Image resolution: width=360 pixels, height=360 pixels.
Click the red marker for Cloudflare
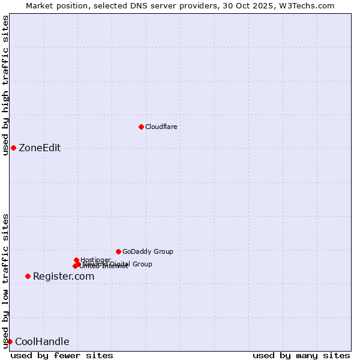tap(141, 127)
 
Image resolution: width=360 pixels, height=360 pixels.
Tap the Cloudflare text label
tap(161, 127)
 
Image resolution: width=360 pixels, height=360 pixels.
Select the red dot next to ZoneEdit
tap(13, 148)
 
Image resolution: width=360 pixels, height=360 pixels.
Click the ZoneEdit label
tap(40, 148)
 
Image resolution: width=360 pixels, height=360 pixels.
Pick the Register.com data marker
tap(28, 276)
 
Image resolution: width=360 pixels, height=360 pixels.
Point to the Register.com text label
tap(64, 277)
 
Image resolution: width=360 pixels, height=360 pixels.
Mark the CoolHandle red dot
tap(10, 341)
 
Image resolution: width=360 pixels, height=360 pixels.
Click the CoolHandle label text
tap(42, 342)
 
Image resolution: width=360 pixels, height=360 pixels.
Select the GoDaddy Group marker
tap(118, 251)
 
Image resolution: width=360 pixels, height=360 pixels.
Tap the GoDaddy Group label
tap(148, 251)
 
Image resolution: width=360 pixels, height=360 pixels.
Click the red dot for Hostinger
tap(76, 260)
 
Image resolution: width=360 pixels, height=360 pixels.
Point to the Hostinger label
tap(95, 260)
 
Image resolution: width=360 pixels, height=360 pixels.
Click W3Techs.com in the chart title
tap(305, 5)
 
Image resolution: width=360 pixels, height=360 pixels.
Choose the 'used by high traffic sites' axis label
tap(5, 86)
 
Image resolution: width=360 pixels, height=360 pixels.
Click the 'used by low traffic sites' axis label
tap(5, 281)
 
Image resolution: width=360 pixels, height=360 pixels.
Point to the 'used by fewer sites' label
tap(62, 355)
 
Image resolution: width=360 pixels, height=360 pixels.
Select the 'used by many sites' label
tap(301, 355)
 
